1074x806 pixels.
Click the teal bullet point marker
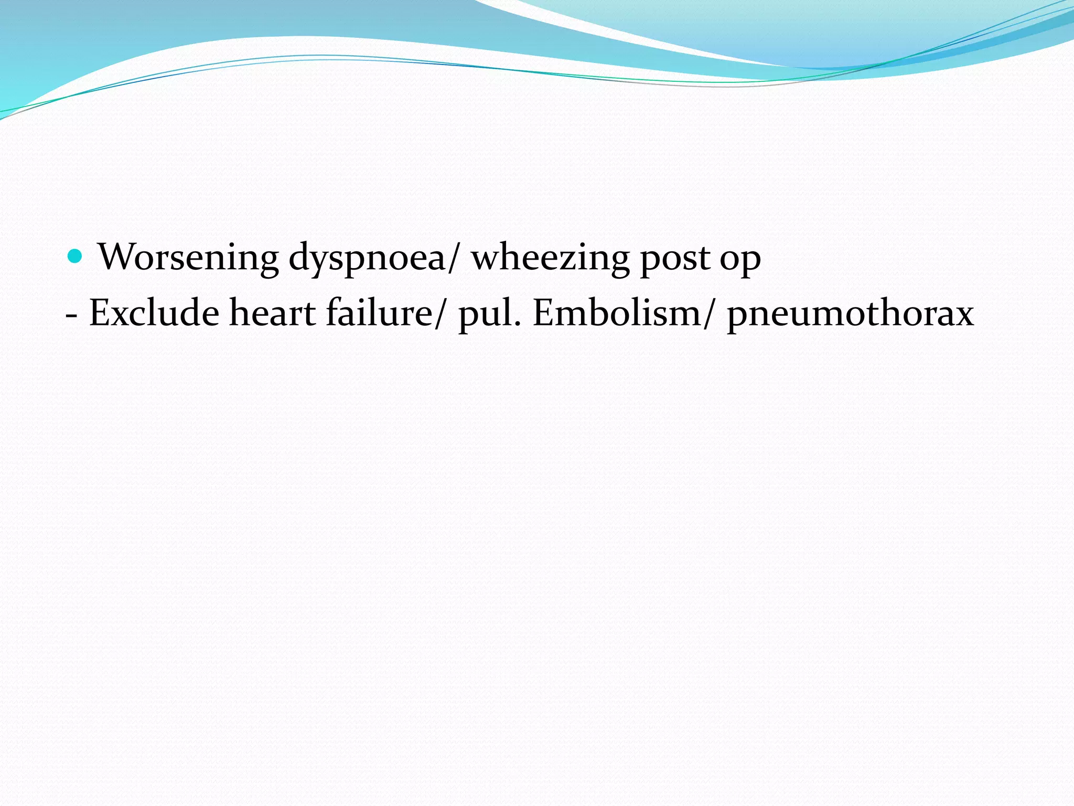click(76, 257)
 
